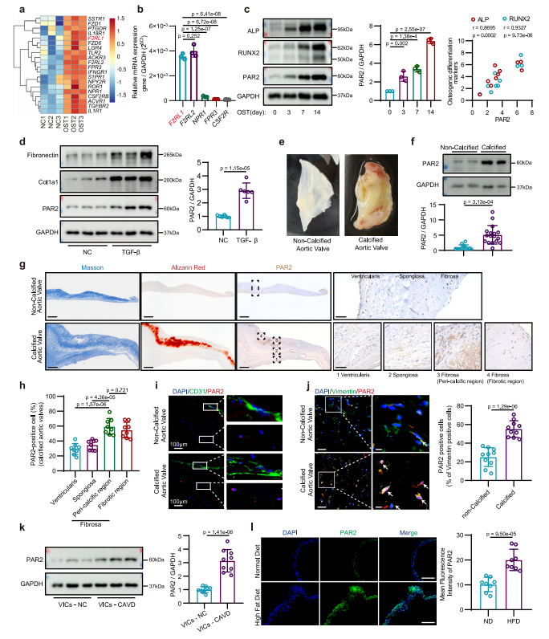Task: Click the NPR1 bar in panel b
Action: click(205, 99)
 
